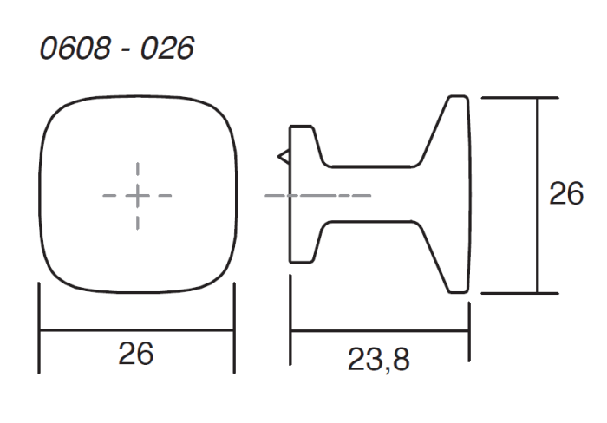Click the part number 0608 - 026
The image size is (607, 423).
pyautogui.click(x=117, y=49)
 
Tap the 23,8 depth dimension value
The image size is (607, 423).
pyautogui.click(x=378, y=360)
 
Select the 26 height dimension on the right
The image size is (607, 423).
pyautogui.click(x=566, y=193)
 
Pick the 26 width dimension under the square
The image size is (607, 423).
pyautogui.click(x=136, y=354)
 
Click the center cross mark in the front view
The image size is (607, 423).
pyautogui.click(x=138, y=196)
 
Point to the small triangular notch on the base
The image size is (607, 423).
pyautogui.click(x=284, y=157)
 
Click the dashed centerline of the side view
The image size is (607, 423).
pyautogui.click(x=318, y=196)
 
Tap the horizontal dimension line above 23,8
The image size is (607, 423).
pyautogui.click(x=380, y=331)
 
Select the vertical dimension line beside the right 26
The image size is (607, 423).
pyautogui.click(x=538, y=195)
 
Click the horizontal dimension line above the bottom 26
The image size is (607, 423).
pyautogui.click(x=137, y=330)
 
